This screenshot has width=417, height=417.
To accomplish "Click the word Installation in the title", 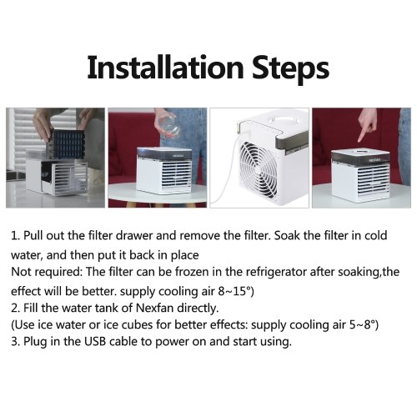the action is click(x=165, y=68).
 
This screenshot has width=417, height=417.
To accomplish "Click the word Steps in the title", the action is click(x=290, y=69).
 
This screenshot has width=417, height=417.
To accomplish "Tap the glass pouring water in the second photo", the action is click(x=167, y=127).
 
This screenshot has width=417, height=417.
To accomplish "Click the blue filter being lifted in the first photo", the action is click(x=68, y=144).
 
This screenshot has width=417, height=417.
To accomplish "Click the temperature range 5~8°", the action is click(x=361, y=324).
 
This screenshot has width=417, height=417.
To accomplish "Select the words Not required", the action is click(x=46, y=272).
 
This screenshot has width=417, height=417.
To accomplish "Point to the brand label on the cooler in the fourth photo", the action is click(x=374, y=160).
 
